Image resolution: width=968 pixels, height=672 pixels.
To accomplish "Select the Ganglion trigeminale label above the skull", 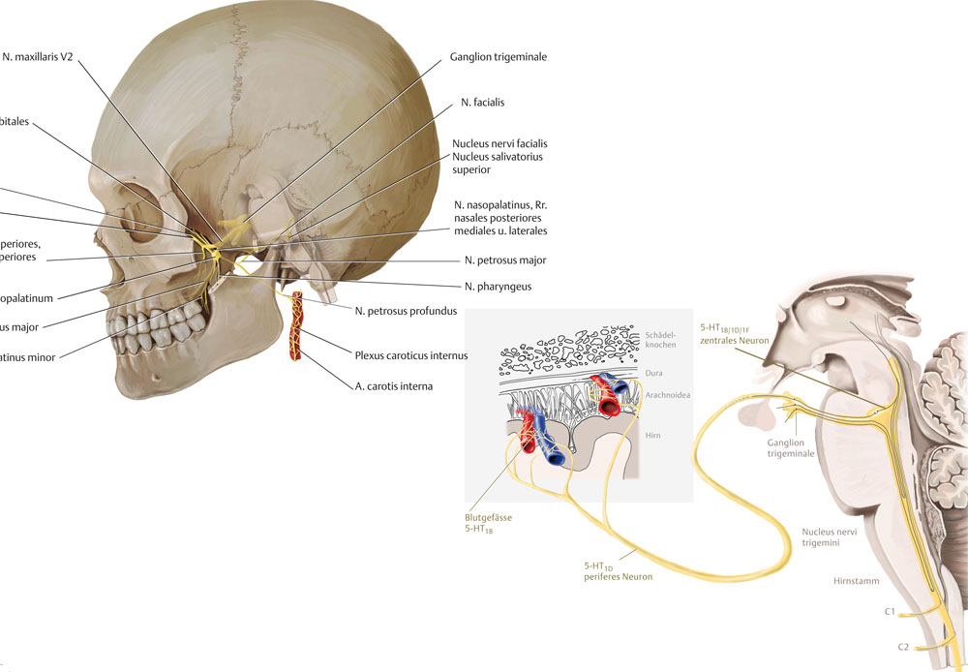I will (499, 57).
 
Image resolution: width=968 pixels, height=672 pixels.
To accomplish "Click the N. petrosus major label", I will (505, 260).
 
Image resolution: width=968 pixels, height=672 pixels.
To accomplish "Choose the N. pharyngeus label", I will (498, 287).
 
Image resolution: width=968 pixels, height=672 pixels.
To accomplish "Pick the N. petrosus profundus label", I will (405, 310).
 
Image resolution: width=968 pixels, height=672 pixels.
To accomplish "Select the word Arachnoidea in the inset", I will (668, 395).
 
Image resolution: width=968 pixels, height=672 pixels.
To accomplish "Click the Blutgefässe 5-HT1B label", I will (488, 524).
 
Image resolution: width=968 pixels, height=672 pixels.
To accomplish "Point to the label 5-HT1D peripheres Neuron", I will (618, 571).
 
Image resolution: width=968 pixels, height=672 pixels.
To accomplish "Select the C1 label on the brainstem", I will (890, 612).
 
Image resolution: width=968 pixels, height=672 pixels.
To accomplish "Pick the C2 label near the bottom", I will (902, 646).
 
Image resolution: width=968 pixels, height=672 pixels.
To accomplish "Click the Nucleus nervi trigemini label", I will (830, 538).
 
